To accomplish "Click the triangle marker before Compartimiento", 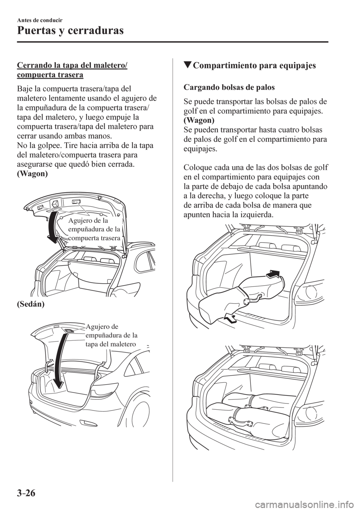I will [187, 66].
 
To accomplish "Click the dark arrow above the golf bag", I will [274, 275].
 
